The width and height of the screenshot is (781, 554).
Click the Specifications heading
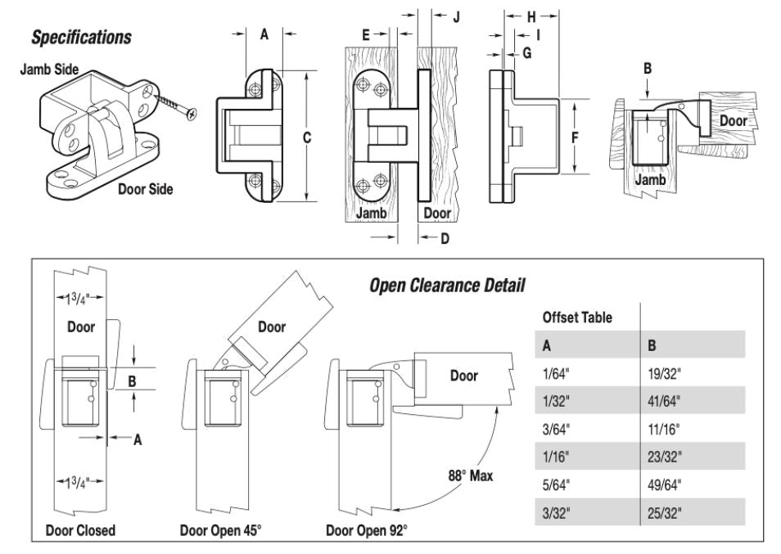(x=81, y=37)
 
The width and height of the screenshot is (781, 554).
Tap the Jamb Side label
(x=49, y=70)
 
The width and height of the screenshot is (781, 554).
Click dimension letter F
(x=575, y=137)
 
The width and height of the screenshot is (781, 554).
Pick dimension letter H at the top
(x=530, y=16)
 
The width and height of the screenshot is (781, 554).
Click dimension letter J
(x=456, y=16)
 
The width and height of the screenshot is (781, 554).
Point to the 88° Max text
(x=468, y=475)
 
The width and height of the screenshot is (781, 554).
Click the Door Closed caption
(x=80, y=529)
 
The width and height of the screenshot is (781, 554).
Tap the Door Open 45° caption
(x=220, y=529)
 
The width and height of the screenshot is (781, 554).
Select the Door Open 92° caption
(x=366, y=529)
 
